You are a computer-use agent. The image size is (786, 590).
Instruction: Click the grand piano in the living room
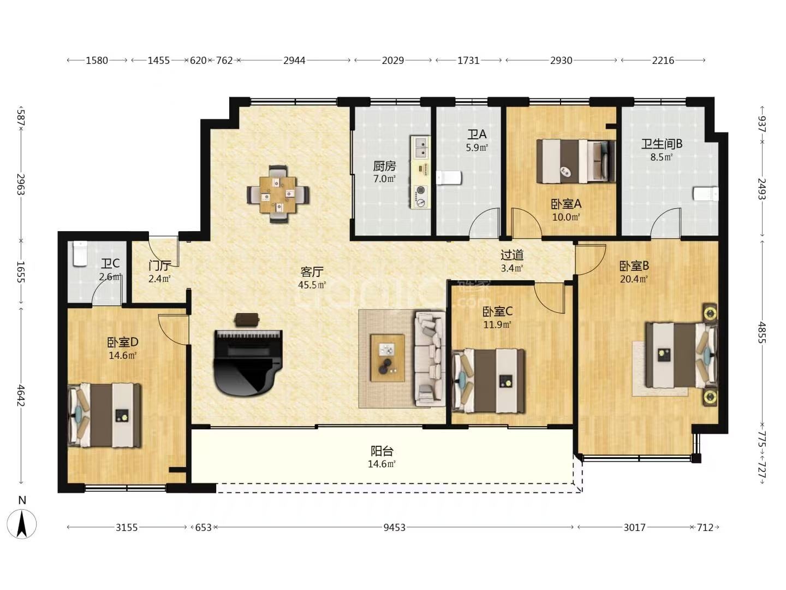(x=248, y=362)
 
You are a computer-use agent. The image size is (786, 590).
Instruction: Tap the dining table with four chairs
(x=278, y=194)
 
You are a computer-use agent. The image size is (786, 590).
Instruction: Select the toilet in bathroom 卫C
(x=80, y=253)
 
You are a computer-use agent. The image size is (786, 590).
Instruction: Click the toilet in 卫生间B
(x=705, y=194)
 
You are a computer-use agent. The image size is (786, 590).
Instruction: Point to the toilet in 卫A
(x=448, y=178)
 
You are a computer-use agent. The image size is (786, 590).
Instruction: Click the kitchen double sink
(x=420, y=147)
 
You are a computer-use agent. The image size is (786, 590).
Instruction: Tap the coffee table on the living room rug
(x=388, y=358)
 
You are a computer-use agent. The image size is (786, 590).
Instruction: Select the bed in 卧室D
(x=104, y=415)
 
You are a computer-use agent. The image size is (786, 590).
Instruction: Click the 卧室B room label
(x=634, y=265)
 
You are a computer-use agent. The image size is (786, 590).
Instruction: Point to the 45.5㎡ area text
(x=312, y=285)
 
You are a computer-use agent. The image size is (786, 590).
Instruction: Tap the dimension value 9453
(x=394, y=527)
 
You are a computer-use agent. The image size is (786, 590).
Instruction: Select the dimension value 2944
(x=294, y=61)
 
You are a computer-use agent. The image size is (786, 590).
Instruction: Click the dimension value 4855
(x=761, y=333)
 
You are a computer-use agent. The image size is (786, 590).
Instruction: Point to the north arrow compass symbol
(x=22, y=524)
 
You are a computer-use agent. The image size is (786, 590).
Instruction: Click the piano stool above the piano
(x=247, y=320)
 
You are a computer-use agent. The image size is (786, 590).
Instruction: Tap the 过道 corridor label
(x=512, y=255)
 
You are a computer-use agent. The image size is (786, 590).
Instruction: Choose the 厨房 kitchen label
(x=384, y=166)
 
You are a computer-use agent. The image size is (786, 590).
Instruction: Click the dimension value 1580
(x=97, y=61)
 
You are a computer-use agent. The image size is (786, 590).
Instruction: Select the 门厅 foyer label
(x=159, y=265)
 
